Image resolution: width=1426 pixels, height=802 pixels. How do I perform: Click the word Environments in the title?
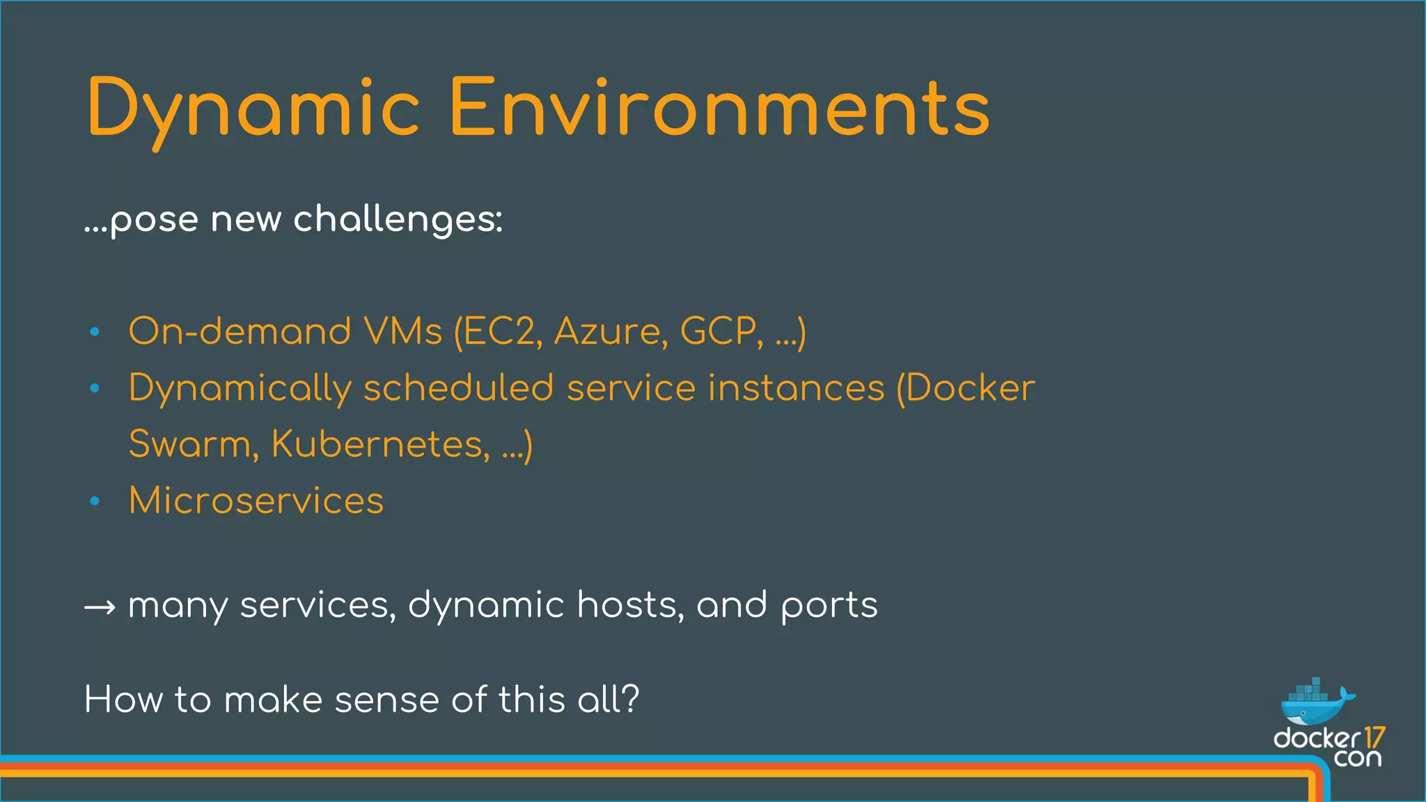click(x=719, y=108)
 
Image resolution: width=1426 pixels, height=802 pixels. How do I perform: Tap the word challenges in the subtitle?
click(x=397, y=220)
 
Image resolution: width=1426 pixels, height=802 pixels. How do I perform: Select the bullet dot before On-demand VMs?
click(x=95, y=332)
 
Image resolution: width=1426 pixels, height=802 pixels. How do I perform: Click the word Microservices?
click(x=256, y=501)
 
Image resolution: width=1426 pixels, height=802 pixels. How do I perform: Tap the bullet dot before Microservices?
click(x=95, y=501)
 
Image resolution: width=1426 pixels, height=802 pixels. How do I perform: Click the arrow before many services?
click(x=100, y=608)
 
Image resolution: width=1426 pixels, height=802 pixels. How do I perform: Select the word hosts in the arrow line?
click(x=630, y=604)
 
